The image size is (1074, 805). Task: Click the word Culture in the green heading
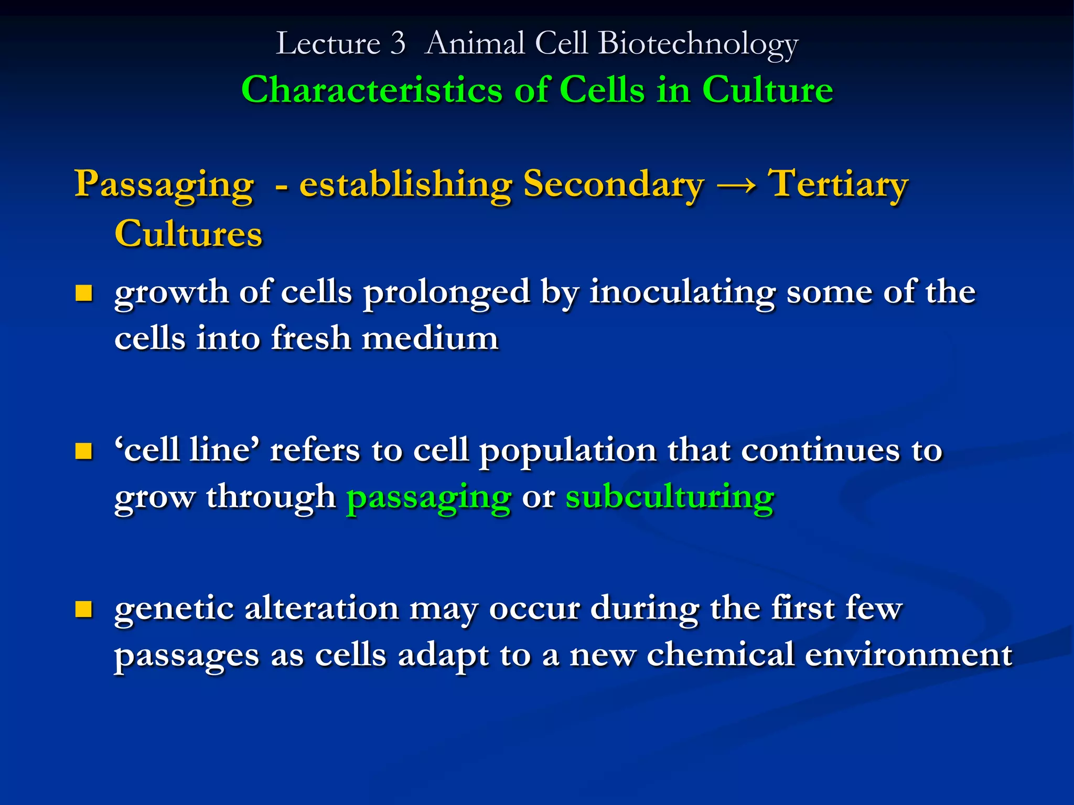pyautogui.click(x=767, y=90)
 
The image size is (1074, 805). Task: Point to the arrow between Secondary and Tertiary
pyautogui.click(x=736, y=184)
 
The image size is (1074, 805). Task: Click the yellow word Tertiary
pyautogui.click(x=837, y=184)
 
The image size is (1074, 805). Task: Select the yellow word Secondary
pyautogui.click(x=614, y=184)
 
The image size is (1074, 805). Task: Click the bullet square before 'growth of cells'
pyautogui.click(x=83, y=293)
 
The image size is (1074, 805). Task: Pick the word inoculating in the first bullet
pyautogui.click(x=682, y=292)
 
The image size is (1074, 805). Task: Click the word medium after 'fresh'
pyautogui.click(x=430, y=338)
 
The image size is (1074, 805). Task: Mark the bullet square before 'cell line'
pyautogui.click(x=83, y=451)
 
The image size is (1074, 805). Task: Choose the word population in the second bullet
pyautogui.click(x=567, y=451)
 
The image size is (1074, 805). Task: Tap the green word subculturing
pyautogui.click(x=670, y=497)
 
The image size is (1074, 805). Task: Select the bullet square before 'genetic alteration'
pyautogui.click(x=83, y=609)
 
